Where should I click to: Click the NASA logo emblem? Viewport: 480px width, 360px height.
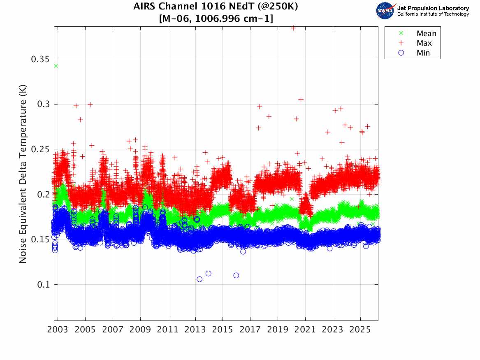[x=386, y=10]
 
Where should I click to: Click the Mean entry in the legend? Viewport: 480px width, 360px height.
[x=426, y=34]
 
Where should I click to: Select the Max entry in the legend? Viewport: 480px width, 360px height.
[x=424, y=43]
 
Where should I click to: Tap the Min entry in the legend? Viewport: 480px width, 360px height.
[x=423, y=53]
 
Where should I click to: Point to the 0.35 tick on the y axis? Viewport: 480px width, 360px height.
[x=40, y=59]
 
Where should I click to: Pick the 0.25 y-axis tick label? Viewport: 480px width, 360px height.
[x=40, y=149]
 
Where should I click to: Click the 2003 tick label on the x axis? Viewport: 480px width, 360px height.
[x=58, y=330]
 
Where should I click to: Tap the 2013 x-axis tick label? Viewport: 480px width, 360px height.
[x=195, y=330]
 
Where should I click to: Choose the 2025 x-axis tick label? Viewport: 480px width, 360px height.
[x=360, y=330]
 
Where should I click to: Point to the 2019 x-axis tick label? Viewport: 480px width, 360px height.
[x=278, y=330]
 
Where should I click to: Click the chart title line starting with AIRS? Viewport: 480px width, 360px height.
[x=216, y=7]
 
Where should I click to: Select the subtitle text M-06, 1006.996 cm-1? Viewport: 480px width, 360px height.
[x=216, y=19]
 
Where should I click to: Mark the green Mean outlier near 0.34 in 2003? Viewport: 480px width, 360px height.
[x=56, y=66]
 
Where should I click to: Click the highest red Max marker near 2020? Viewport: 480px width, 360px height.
[x=293, y=28]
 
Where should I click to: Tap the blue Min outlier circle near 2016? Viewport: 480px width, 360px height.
[x=236, y=275]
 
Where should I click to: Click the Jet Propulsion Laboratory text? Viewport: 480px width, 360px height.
[x=433, y=8]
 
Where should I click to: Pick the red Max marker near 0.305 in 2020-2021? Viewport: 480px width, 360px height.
[x=301, y=99]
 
